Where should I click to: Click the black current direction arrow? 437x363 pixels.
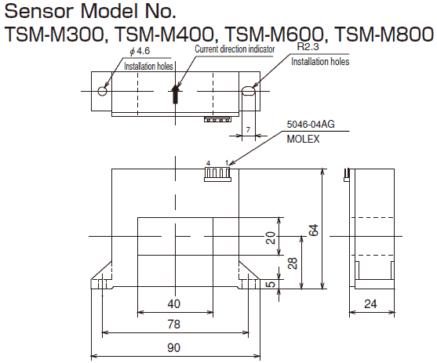point(177,95)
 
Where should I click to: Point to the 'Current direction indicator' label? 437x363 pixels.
point(235,49)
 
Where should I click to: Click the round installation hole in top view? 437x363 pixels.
point(102,91)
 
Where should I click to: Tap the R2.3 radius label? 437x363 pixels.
point(308,47)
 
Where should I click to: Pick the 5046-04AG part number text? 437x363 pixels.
point(310,124)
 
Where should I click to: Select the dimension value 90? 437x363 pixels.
point(174,347)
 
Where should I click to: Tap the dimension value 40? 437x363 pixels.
point(174,303)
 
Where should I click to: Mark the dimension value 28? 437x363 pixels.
point(291,262)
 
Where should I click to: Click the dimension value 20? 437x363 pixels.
point(271,238)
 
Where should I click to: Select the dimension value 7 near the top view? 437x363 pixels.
point(248,130)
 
